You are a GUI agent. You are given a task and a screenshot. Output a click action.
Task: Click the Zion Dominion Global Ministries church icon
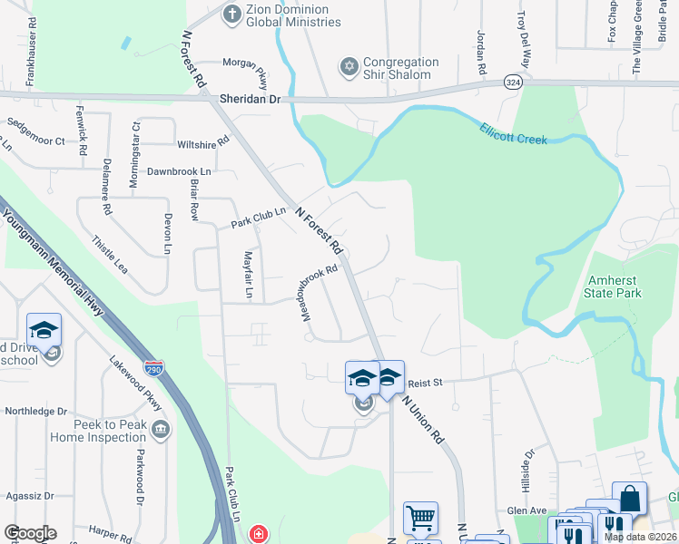pos(232,14)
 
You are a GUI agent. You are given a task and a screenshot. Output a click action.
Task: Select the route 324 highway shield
pos(513,83)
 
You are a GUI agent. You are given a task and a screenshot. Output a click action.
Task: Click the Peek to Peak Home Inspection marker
pos(161,428)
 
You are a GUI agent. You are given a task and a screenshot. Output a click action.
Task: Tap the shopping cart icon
pos(420,519)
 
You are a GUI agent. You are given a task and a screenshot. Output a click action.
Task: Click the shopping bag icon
pos(629,498)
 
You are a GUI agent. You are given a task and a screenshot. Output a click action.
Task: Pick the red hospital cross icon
pos(260,533)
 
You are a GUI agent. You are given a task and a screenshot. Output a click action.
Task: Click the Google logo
pos(30,533)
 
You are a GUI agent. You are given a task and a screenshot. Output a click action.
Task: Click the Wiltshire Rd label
pos(203,144)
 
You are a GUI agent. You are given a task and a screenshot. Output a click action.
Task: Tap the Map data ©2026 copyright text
pos(640,537)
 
